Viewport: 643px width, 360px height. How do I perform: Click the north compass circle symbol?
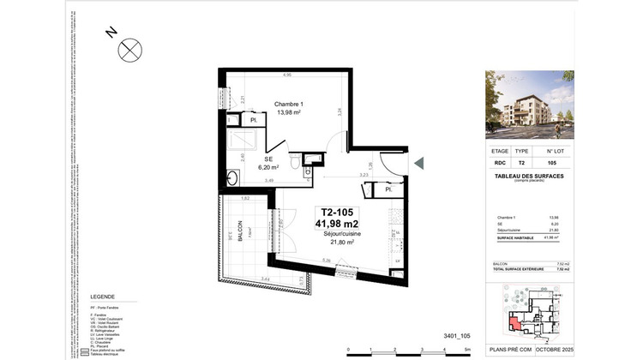tap(129, 50)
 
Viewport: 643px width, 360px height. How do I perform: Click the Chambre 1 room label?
tap(289, 105)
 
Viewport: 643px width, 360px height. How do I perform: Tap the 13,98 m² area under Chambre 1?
tap(289, 113)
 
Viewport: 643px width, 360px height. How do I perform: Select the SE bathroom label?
tap(267, 159)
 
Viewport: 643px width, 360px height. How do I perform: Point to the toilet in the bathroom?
tap(295, 161)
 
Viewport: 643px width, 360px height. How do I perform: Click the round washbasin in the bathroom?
tap(232, 177)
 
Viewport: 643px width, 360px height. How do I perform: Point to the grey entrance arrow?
tap(418, 163)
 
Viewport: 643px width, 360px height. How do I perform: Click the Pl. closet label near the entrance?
tap(388, 190)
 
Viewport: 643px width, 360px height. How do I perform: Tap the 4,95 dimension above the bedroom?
tap(274, 75)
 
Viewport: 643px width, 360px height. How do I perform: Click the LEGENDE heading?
tap(103, 297)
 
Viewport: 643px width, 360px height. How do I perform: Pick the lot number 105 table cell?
tap(551, 162)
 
